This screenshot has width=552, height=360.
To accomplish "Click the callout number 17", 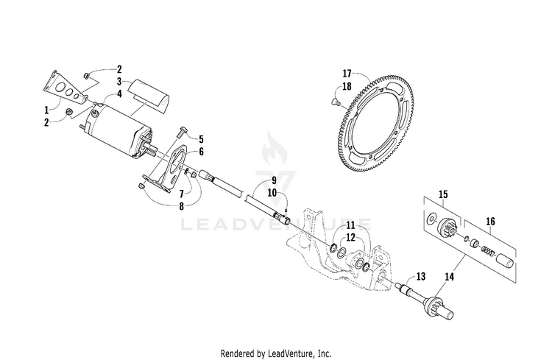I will [x=348, y=74].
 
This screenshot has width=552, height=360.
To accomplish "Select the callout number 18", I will [x=348, y=85].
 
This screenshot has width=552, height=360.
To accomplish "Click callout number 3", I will [x=118, y=82].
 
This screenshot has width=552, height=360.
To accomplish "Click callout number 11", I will [x=350, y=224].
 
